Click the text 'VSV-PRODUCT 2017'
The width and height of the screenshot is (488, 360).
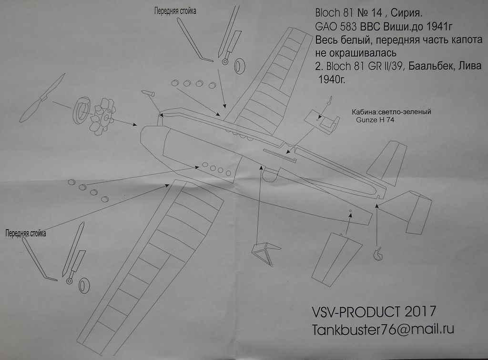tap(374, 312)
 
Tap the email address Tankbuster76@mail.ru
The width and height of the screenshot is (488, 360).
tap(382, 330)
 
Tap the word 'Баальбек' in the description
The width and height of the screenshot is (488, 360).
tap(426, 67)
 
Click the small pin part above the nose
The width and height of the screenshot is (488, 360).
tap(148, 93)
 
